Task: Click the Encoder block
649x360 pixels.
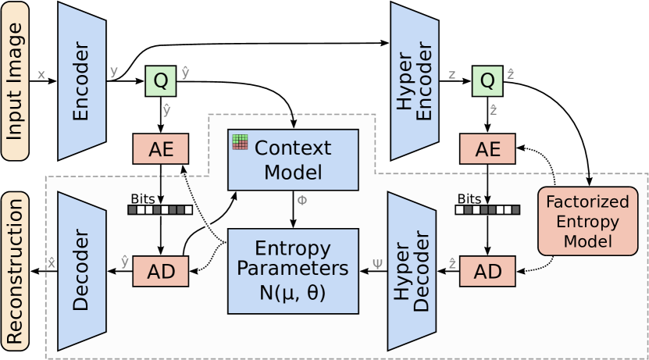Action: [81, 80]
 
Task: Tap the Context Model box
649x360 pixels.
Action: [293, 159]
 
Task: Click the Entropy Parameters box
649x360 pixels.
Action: [293, 270]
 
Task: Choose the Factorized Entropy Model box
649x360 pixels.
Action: [588, 221]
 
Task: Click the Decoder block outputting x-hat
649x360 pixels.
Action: [81, 271]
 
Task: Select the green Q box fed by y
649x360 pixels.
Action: [160, 80]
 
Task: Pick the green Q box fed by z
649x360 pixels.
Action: [487, 80]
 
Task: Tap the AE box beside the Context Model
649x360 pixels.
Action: [160, 149]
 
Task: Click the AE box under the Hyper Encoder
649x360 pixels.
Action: [487, 149]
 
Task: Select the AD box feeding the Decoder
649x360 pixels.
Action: [160, 271]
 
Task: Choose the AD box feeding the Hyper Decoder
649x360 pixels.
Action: [487, 271]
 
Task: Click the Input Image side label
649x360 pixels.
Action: [14, 80]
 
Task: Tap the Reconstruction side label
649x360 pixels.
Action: [14, 270]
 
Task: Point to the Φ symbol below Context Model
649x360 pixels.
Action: [302, 200]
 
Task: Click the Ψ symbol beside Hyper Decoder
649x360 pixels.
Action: [378, 263]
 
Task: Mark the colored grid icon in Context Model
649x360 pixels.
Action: [239, 141]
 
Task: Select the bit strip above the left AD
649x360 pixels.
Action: [160, 209]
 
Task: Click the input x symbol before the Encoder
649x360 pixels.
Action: [41, 76]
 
